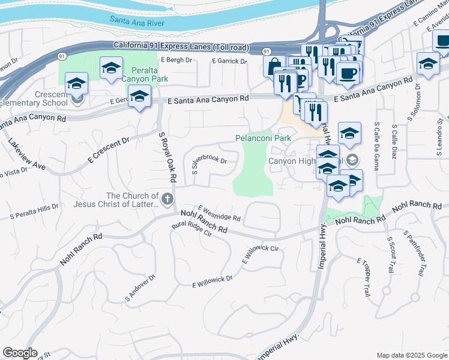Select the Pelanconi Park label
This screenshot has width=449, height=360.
(262, 138)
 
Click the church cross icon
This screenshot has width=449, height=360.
(167, 198)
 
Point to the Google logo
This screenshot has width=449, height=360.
(20, 353)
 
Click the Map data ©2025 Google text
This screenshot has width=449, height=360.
(412, 355)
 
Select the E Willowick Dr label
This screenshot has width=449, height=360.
(212, 281)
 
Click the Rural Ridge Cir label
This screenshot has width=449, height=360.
(191, 229)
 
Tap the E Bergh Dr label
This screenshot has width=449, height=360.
(176, 61)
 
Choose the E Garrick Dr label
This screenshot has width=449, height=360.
(229, 61)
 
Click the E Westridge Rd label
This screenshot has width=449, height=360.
(219, 212)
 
